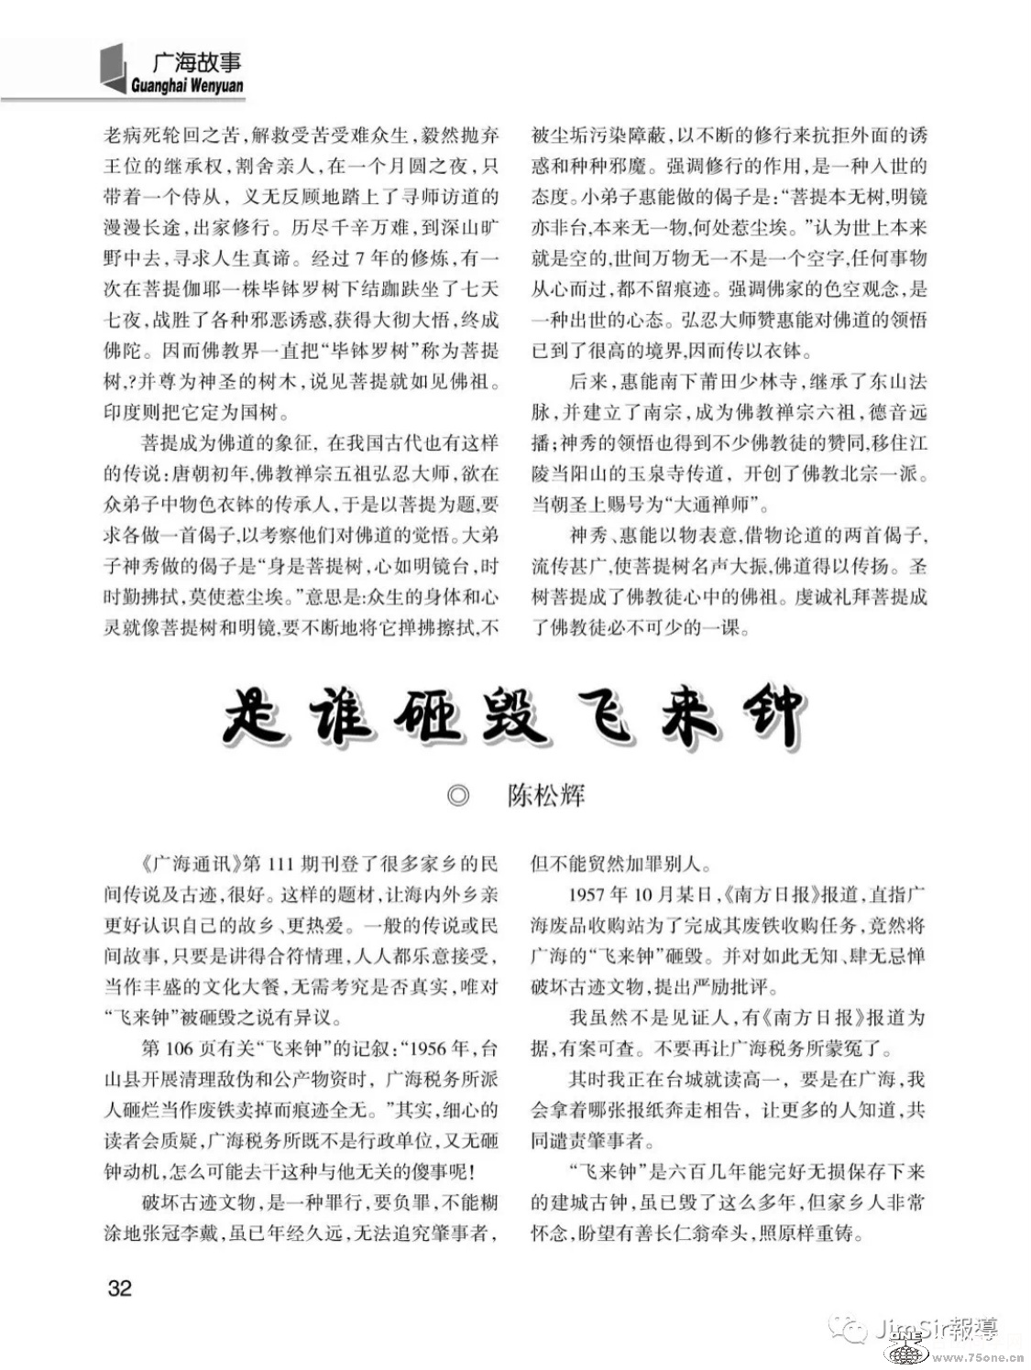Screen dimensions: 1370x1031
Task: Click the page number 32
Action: [x=120, y=1288]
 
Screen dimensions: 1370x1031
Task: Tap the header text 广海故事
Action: [x=196, y=63]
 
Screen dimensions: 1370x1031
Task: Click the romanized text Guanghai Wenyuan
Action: [x=187, y=86]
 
